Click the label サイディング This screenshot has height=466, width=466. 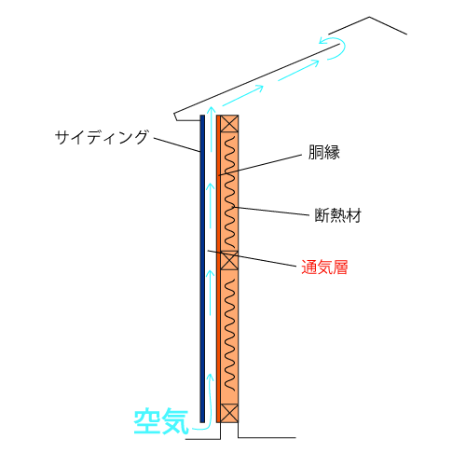point(102,137)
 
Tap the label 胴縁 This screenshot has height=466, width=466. point(323,152)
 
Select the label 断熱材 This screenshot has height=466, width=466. point(338,215)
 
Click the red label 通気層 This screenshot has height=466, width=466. point(324,267)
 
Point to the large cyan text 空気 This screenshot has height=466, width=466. point(161,421)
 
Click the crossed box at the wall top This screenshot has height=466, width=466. point(229,124)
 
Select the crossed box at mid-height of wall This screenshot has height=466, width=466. point(229,260)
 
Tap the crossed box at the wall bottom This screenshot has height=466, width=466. point(229,413)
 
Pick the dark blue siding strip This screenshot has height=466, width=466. point(202,268)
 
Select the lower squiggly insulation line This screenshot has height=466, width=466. point(229,335)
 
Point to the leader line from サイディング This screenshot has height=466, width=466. point(177,144)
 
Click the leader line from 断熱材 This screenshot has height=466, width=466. point(271,211)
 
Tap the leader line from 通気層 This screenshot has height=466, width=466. point(252,258)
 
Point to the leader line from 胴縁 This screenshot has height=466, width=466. point(260,165)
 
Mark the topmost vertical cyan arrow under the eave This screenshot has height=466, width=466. point(212,129)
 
